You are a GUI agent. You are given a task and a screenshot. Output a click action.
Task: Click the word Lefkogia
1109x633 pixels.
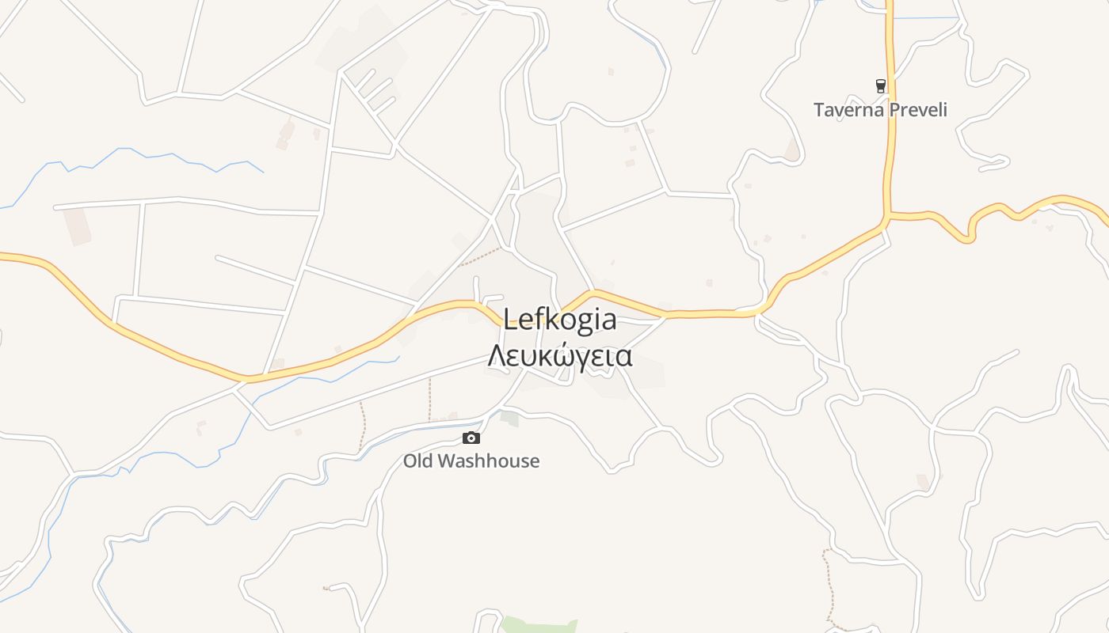tap(560, 320)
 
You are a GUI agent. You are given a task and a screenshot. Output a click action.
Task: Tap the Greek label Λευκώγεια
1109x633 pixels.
tap(560, 357)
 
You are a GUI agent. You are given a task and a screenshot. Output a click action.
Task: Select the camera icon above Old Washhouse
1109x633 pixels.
tap(471, 438)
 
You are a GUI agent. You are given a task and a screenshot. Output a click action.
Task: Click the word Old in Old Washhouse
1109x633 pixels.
tap(417, 461)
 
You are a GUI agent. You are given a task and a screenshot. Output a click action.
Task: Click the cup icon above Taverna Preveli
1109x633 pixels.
tap(880, 85)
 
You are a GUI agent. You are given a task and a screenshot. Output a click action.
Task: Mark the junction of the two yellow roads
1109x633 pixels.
tap(887, 215)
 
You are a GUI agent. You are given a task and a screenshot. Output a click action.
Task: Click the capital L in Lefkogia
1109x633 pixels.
tap(511, 320)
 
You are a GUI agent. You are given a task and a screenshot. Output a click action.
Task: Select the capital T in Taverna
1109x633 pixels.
tap(819, 110)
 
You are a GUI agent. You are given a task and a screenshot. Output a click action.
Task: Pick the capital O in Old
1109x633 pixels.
tap(410, 461)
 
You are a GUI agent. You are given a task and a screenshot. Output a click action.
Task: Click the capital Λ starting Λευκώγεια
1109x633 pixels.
tap(497, 357)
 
